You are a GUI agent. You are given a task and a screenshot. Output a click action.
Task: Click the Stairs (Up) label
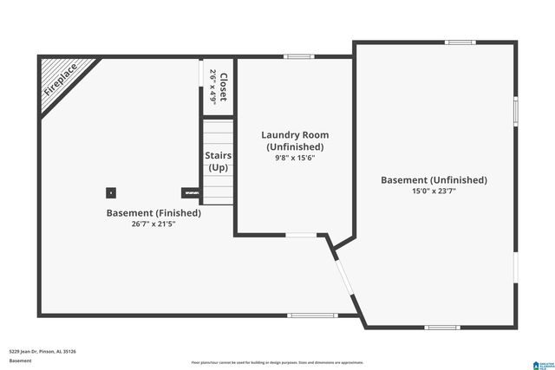tap(218, 162)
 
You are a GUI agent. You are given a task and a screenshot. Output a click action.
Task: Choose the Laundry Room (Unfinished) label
tap(295, 141)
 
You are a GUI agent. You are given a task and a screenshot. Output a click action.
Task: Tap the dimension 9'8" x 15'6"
tap(295, 159)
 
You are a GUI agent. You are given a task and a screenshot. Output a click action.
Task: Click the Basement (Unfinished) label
tap(434, 180)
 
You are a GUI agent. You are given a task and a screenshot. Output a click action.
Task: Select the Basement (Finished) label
tap(153, 212)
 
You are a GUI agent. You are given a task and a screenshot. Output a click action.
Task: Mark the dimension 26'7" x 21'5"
tap(153, 224)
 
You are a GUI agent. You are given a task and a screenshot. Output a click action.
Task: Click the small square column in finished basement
tap(111, 192)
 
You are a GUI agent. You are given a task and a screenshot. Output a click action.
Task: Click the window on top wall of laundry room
tap(297, 57)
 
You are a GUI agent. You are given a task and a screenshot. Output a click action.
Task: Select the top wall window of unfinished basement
tap(460, 42)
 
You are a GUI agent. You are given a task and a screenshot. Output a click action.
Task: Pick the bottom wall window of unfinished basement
tap(441, 327)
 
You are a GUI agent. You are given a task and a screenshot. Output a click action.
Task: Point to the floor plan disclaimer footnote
tap(277, 362)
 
